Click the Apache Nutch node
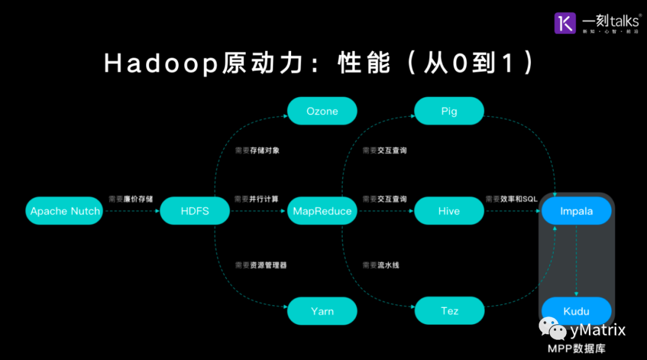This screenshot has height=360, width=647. coord(65,211)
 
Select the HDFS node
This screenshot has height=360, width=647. coord(195,211)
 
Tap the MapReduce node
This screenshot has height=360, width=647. coord(322,211)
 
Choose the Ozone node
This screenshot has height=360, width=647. coord(322,111)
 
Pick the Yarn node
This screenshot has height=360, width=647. coord(322,311)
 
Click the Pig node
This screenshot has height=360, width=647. coord(449,111)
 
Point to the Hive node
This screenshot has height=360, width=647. coord(449,211)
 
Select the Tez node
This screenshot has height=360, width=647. coord(449,311)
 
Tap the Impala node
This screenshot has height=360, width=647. coord(576,211)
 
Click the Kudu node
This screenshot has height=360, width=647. coord(576,311)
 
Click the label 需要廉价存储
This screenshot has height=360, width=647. coord(131,199)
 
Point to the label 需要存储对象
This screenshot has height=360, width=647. coord(257,150)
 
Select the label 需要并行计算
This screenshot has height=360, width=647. coord(256,199)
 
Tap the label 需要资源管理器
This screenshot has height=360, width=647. coord(261,265)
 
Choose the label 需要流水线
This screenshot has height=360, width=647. coord(380,265)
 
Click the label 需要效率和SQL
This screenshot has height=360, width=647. coord(512,199)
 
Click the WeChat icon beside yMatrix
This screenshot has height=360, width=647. coord(552,328)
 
